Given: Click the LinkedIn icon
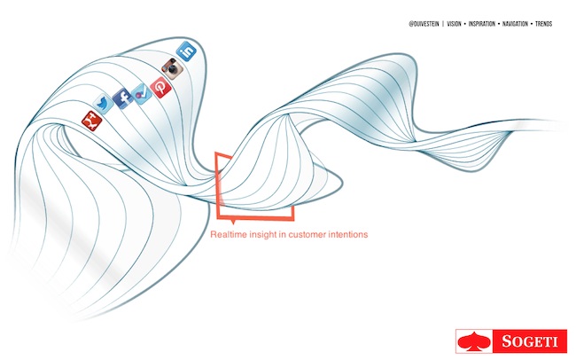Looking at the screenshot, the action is click(187, 51).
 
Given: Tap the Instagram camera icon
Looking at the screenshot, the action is click(172, 69).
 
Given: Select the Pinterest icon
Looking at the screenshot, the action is click(160, 88).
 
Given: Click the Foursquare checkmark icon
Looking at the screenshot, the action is click(142, 94).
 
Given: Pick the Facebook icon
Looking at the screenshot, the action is click(123, 98).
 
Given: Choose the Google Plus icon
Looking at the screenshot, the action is click(91, 121).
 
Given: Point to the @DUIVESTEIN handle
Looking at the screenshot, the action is click(424, 24).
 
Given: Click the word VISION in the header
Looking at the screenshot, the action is click(454, 24).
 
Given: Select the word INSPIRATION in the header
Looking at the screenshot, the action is click(481, 24).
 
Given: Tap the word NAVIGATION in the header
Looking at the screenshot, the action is click(515, 24).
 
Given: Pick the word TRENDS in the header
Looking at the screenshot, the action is click(544, 24).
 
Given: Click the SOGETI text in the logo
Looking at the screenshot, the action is click(530, 341).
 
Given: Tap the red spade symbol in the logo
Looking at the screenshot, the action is click(474, 340).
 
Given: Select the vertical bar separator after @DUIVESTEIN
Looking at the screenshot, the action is click(443, 24).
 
